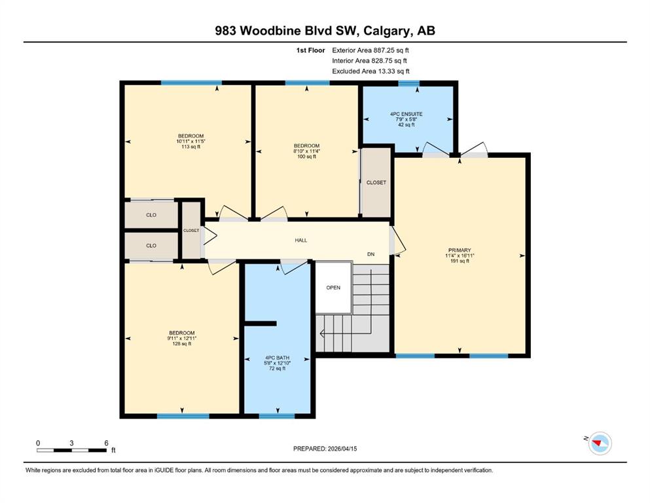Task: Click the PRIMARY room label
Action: [x=460, y=250]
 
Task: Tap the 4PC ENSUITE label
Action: [x=406, y=113]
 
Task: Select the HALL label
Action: [x=301, y=240]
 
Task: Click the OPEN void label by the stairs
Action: [x=333, y=288]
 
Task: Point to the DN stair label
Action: [x=371, y=254]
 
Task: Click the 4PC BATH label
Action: [x=278, y=358]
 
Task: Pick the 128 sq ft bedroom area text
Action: [x=181, y=343]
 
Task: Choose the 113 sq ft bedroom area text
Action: [x=190, y=146]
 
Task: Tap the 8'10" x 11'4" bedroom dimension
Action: [x=307, y=151]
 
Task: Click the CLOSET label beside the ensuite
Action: [x=376, y=183]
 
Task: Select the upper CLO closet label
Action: [x=151, y=215]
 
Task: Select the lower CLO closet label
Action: [x=151, y=246]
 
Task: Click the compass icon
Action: [x=600, y=443]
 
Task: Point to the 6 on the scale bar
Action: [x=106, y=443]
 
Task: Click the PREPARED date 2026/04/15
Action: [x=342, y=449]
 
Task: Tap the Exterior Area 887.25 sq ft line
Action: [x=370, y=50]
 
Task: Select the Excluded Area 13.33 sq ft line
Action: [x=370, y=71]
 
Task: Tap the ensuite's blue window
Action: [x=408, y=83]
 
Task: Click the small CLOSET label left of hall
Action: [x=191, y=231]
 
